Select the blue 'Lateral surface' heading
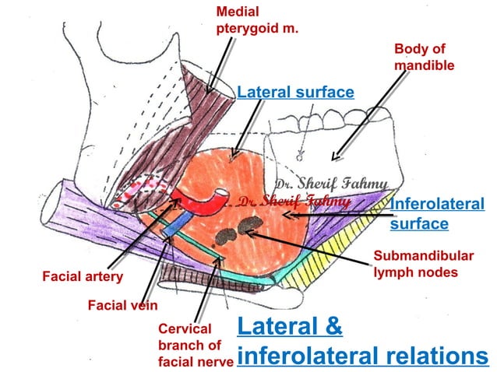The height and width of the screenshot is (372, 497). [x=295, y=93]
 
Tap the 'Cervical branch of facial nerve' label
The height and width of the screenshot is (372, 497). [x=195, y=345]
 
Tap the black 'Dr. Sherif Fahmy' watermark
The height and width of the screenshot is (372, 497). [x=330, y=184]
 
